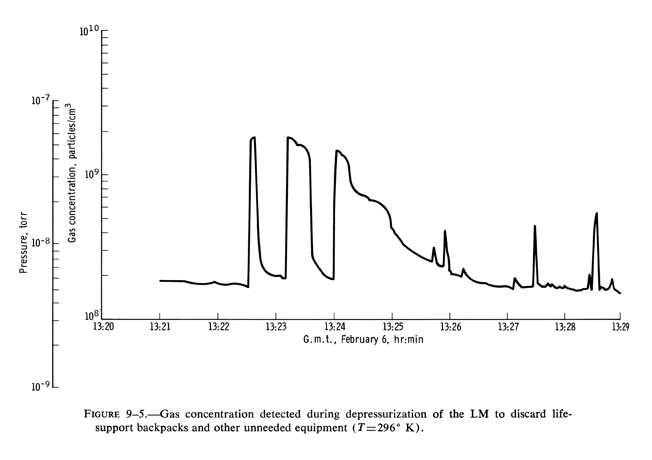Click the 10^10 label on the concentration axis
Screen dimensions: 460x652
(x=89, y=31)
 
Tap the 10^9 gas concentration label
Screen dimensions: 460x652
(x=92, y=175)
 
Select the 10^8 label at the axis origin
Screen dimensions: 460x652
(x=92, y=316)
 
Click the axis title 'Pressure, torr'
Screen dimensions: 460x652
(x=23, y=243)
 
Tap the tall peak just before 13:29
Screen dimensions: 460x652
(x=597, y=214)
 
